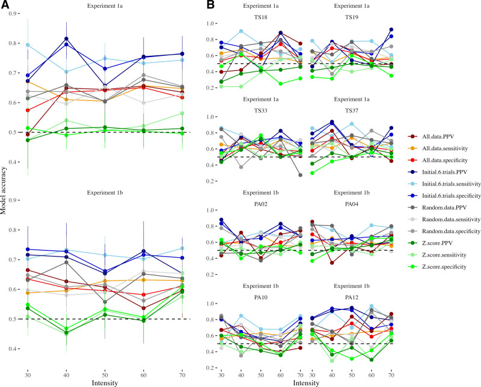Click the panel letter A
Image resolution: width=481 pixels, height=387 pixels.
[x=5, y=5]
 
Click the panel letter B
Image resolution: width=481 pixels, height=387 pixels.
[x=210, y=5]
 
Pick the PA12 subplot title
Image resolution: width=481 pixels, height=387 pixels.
[x=360, y=293]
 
